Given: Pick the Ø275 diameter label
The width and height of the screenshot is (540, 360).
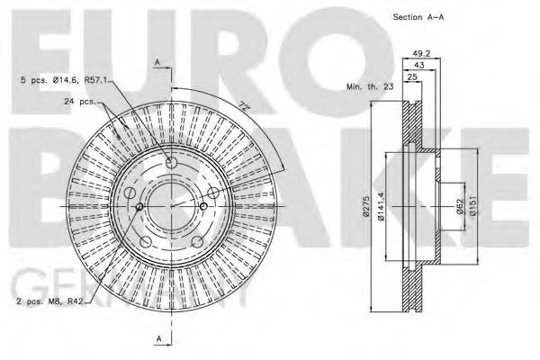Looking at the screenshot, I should click(367, 207).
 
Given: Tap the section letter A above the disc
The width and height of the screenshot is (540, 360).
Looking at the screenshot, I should click(158, 62).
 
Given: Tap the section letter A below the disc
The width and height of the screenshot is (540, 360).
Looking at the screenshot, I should click(158, 338).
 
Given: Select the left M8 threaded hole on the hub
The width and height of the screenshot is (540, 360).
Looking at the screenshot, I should click(139, 208).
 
